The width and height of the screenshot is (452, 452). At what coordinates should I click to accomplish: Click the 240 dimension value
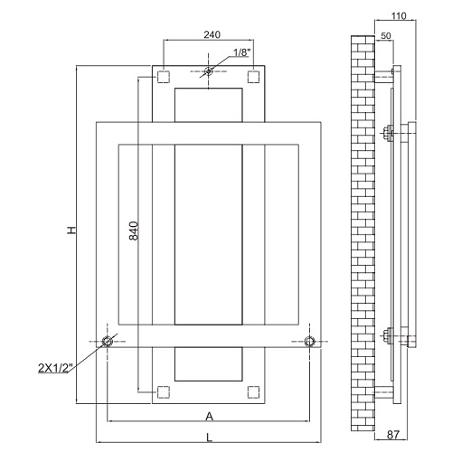(212, 34)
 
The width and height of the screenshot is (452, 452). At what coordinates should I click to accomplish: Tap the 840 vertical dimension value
(134, 231)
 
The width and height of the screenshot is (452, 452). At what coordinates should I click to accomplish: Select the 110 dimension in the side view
(399, 15)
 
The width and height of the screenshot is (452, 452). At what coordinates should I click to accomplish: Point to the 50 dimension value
(386, 35)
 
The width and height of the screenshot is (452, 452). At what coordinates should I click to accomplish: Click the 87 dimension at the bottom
(393, 435)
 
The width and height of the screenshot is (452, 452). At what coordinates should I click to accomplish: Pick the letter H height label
(71, 231)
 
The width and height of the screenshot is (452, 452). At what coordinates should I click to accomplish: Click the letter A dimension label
(209, 417)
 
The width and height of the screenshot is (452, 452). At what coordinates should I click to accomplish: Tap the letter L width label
(209, 438)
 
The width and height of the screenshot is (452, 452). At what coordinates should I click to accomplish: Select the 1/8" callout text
(241, 52)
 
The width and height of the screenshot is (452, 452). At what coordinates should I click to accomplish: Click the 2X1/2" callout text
(56, 368)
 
